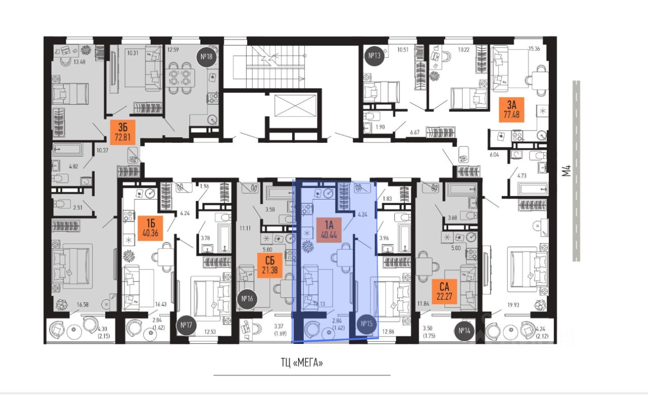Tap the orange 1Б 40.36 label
point(148,226)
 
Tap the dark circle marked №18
point(206,57)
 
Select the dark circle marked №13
point(374,56)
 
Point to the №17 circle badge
point(186,326)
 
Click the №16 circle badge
point(248,298)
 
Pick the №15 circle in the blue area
point(366,325)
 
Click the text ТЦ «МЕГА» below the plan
point(302,362)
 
